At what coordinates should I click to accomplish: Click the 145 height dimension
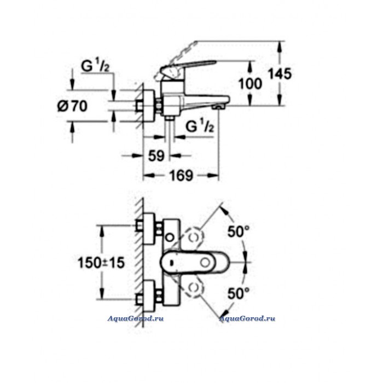(280, 73)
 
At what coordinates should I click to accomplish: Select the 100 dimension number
(250, 84)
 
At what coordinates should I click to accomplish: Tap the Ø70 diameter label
(72, 106)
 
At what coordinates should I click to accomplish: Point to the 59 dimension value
(156, 155)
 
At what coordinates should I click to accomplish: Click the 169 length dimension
(181, 176)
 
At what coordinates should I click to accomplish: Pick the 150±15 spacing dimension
(101, 263)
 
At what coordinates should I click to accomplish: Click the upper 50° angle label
(239, 231)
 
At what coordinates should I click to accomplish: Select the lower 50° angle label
(239, 293)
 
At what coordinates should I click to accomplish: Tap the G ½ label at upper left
(95, 66)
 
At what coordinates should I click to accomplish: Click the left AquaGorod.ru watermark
(135, 318)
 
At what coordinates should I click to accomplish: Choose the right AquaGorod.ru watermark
(247, 318)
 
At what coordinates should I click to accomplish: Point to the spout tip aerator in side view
(219, 107)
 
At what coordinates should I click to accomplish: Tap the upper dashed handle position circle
(194, 237)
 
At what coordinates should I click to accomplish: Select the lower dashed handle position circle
(194, 288)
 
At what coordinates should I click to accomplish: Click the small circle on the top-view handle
(205, 263)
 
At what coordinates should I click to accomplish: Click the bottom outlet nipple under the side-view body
(169, 118)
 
